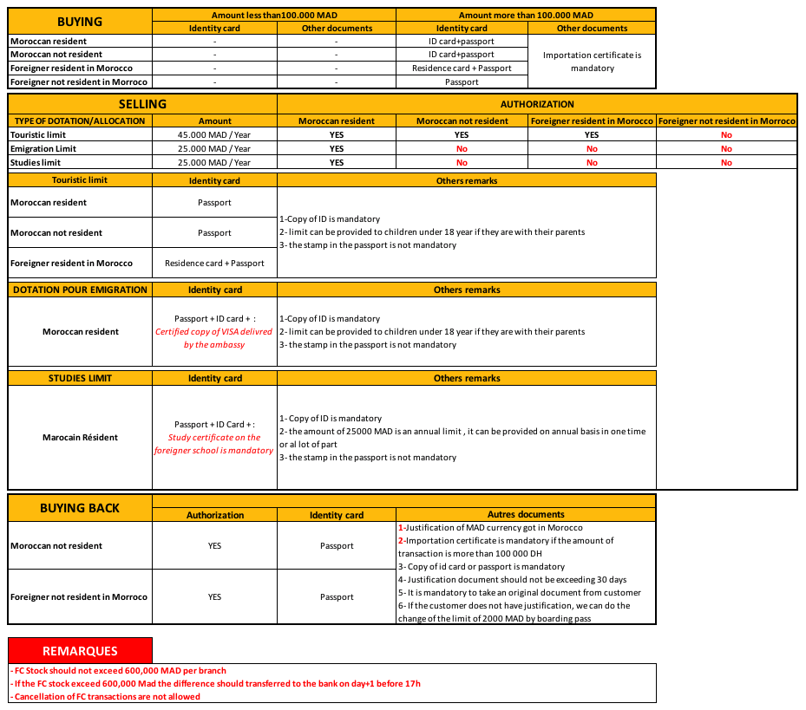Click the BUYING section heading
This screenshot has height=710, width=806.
[80, 21]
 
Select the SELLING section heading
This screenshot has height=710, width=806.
[142, 104]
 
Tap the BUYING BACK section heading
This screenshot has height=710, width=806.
[80, 508]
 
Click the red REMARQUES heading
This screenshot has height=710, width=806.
[80, 650]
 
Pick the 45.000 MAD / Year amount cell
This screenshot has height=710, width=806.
[214, 135]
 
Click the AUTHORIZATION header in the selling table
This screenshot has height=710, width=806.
[537, 104]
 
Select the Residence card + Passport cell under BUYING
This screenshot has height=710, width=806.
[462, 68]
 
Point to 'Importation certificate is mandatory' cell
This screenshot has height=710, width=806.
[592, 62]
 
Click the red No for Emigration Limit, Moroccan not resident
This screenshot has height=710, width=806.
[462, 149]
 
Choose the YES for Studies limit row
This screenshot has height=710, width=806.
[337, 163]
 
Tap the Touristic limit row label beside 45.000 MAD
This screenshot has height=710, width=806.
[37, 135]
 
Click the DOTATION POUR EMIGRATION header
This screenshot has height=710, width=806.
[80, 290]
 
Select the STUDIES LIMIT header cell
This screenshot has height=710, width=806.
[80, 378]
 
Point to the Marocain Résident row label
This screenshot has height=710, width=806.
[80, 438]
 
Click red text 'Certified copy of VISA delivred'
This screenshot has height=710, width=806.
[214, 332]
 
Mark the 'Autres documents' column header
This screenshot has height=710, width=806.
[526, 515]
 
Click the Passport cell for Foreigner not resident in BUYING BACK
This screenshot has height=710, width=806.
[337, 597]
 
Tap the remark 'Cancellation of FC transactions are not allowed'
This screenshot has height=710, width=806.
[106, 697]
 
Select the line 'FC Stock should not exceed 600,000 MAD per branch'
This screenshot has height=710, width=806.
[120, 671]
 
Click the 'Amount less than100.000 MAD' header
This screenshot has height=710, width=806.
[274, 15]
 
